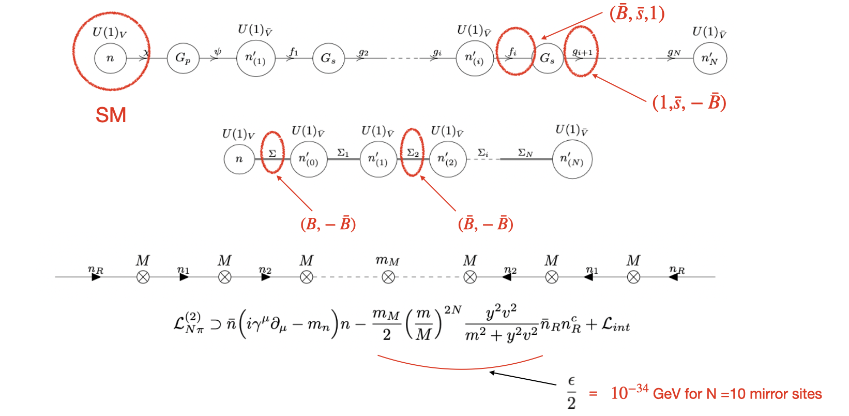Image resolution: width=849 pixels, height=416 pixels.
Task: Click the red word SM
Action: click(111, 115)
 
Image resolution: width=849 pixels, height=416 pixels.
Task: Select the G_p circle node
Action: click(183, 58)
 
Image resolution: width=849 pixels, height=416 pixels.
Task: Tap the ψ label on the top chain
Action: click(218, 52)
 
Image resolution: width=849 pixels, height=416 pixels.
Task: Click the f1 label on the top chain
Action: click(294, 51)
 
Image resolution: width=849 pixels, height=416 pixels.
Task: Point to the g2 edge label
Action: click(363, 52)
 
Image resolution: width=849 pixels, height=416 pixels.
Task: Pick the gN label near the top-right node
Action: click(674, 52)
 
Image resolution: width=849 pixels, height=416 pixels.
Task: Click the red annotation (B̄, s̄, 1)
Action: click(637, 14)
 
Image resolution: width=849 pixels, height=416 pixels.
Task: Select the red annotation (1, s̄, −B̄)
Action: click(689, 102)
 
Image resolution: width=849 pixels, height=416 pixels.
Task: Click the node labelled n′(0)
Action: click(308, 159)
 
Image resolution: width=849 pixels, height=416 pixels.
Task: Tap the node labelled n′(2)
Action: click(447, 159)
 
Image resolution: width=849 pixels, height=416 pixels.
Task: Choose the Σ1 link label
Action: click(343, 153)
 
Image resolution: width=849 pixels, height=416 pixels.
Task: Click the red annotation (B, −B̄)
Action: click(328, 224)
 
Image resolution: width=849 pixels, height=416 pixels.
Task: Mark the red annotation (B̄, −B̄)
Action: click(486, 224)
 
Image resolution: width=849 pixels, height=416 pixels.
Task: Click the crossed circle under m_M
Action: click(388, 277)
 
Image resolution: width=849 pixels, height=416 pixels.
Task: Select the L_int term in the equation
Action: click(615, 326)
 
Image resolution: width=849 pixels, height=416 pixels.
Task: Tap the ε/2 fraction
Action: click(571, 393)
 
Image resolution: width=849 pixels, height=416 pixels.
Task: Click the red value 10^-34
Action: click(629, 393)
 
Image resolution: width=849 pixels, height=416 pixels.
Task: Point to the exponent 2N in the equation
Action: click(452, 310)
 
